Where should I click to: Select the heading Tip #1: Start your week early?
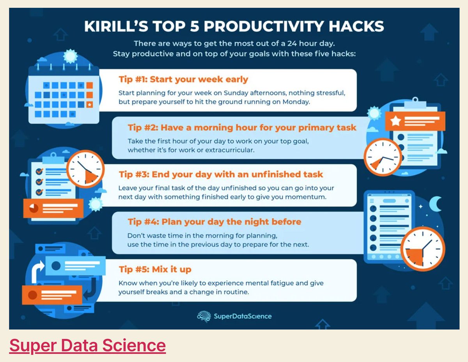[x=183, y=80]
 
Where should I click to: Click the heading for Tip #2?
[x=242, y=128]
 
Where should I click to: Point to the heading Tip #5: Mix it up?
[x=155, y=270]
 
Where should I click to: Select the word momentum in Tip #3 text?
[x=304, y=197]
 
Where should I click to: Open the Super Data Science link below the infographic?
[x=87, y=346]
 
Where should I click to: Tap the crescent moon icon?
[x=435, y=204]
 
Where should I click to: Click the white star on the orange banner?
[x=395, y=121]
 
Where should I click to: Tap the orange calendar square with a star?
[x=89, y=105]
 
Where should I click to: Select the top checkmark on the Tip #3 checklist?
[x=39, y=172]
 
